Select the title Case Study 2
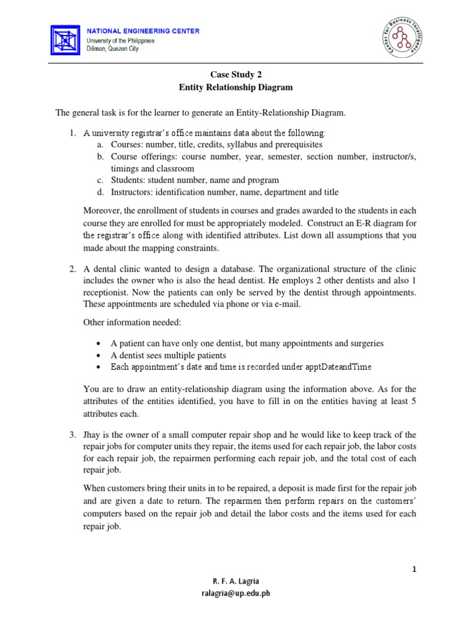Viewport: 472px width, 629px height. [x=235, y=74]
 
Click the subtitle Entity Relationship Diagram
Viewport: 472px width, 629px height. [x=236, y=87]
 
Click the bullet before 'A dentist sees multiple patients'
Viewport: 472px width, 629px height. [x=100, y=355]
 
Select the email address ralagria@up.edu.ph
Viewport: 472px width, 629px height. [x=236, y=593]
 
